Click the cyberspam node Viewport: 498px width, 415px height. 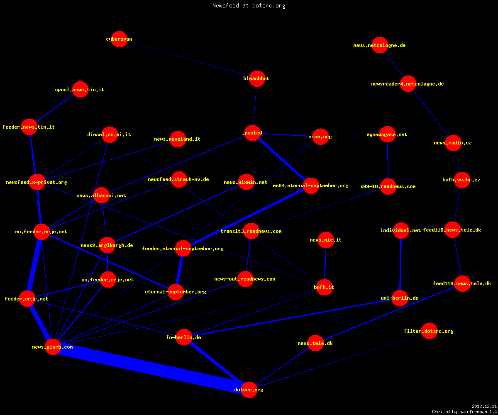tap(119, 39)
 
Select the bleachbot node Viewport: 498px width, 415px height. tap(257, 78)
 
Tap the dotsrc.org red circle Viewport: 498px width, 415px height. tap(249, 390)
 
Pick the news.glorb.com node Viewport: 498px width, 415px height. tap(53, 347)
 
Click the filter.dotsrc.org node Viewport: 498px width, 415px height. tap(429, 331)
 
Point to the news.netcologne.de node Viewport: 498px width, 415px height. tap(380, 45)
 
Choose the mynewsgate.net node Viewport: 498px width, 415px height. tap(387, 134)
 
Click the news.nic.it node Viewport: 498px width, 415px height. tap(326, 240)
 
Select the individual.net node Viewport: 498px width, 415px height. tap(401, 230)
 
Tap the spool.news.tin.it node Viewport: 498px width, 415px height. tap(80, 90)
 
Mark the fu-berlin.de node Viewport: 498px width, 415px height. tap(184, 337)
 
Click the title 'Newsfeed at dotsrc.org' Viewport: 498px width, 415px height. tap(249, 5)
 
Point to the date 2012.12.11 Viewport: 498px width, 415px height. tap(484, 406)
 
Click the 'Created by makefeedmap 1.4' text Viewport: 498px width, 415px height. tap(464, 412)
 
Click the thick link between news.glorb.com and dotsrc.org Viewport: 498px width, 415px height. tap(151, 368)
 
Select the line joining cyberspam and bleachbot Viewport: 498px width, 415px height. tap(188, 59)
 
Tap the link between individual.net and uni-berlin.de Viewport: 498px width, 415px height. tap(400, 264)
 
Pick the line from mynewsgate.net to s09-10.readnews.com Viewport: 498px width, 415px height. tap(388, 160)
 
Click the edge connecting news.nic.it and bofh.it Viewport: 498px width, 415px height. tap(325, 264)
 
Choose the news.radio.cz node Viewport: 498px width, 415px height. tap(454, 143)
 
